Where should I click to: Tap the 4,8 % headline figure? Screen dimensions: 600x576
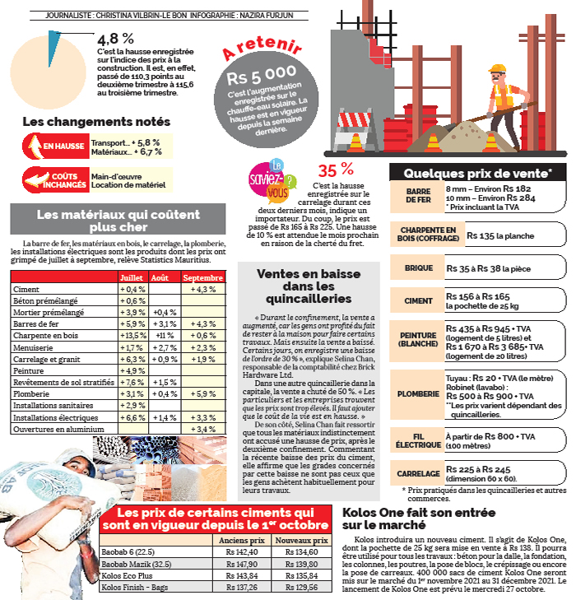tap(115, 39)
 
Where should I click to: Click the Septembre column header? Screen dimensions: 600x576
tap(203, 278)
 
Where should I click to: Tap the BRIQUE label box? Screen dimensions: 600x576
tap(417, 268)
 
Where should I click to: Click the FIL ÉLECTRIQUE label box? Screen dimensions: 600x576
tap(417, 437)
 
